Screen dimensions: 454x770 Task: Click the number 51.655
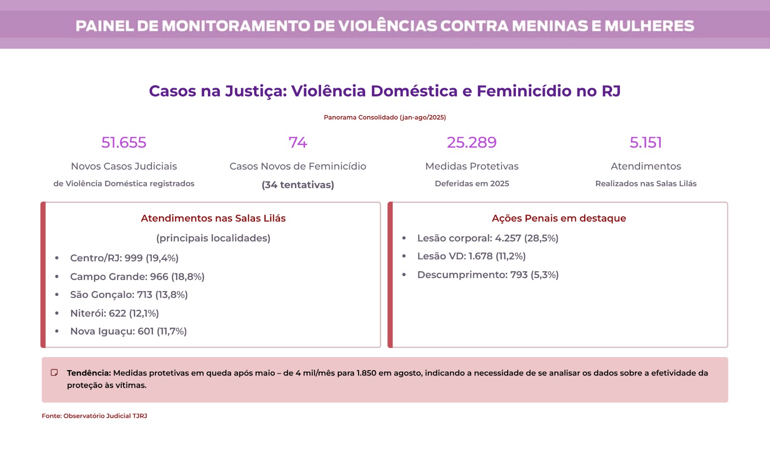[124, 143]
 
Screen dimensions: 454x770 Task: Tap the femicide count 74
[298, 143]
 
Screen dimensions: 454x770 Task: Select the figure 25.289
[472, 143]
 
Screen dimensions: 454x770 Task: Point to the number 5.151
[646, 143]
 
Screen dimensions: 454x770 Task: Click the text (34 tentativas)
[298, 185]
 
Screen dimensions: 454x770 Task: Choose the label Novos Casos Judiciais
[124, 166]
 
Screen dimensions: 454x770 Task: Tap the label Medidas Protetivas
[472, 166]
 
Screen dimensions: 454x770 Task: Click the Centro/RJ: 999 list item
[124, 258]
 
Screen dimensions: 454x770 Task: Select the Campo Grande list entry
[137, 277]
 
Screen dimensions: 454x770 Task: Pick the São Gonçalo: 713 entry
[129, 295]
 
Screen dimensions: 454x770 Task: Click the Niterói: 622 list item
[115, 313]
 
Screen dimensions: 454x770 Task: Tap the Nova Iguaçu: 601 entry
[128, 332]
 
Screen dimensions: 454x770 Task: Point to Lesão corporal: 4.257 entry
[488, 239]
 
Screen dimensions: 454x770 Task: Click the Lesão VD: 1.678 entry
[471, 256]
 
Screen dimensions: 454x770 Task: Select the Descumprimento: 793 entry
[488, 275]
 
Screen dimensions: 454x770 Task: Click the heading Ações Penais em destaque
[559, 218]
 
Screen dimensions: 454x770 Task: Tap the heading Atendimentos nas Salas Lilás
[213, 218]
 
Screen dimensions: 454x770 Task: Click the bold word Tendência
[89, 373]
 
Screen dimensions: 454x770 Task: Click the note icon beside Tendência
[54, 373]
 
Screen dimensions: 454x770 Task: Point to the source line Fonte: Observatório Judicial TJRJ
[94, 416]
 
